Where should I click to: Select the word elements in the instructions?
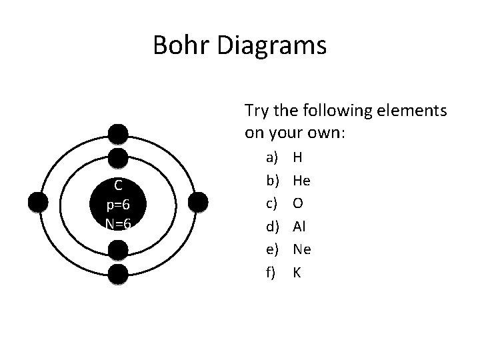click(x=413, y=109)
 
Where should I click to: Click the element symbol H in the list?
click(x=297, y=157)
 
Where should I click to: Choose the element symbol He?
click(x=301, y=180)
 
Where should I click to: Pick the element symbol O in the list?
click(x=298, y=202)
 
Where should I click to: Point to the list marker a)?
click(x=271, y=157)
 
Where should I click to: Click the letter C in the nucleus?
click(x=117, y=185)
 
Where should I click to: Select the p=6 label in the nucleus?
click(x=117, y=205)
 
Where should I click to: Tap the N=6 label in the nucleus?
click(x=117, y=224)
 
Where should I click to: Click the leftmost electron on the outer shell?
click(x=39, y=201)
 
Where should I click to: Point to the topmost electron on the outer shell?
click(x=118, y=134)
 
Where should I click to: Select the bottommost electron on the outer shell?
click(x=118, y=274)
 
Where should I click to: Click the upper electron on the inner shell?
click(x=118, y=158)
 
